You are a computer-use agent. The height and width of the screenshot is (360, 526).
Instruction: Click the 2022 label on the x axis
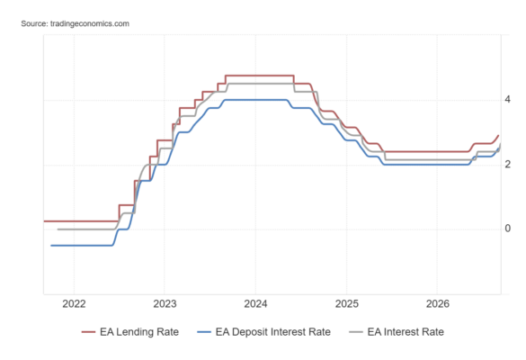coord(74,304)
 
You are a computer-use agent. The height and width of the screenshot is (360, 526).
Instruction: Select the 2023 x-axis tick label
coord(165,304)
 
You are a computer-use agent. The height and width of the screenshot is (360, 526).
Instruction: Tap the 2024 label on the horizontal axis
coord(255,304)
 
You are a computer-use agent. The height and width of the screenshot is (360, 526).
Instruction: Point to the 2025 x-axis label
coord(347,304)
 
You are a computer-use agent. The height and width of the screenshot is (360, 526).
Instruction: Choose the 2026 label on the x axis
coord(438,304)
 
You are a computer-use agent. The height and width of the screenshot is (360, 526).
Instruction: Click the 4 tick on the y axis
coord(507,99)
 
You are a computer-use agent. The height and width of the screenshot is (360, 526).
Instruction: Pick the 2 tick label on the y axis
coord(507,164)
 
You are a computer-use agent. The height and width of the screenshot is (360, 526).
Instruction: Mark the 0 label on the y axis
coord(507,229)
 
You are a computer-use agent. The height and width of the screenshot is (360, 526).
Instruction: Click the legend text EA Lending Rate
coord(139,332)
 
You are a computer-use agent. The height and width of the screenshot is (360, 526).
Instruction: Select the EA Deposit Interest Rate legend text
coord(273,332)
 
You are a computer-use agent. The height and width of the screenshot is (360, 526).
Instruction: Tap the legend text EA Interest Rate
coord(406,332)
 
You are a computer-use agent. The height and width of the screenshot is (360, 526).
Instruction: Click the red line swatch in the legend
coord(88,332)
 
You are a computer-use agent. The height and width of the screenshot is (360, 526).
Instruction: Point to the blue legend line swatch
coord(204,332)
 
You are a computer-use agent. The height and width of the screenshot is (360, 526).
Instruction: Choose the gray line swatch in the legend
coord(356,332)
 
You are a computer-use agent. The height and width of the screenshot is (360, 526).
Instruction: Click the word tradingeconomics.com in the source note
coord(90,23)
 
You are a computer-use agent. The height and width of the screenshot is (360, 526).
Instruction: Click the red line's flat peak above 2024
coord(260,76)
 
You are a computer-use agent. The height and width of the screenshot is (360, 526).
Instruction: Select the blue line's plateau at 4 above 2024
coord(255,100)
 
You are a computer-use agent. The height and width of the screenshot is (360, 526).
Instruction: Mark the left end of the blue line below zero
coord(51,246)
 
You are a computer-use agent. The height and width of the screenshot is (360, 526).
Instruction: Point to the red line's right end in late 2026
coord(498,135)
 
